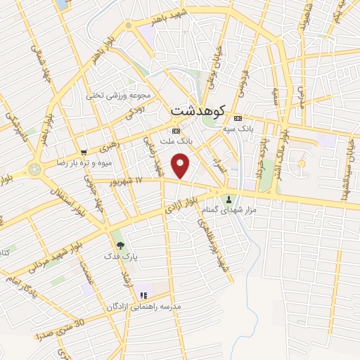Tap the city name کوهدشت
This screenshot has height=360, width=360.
tap(197, 111)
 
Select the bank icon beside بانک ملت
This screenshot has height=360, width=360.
tap(175, 131)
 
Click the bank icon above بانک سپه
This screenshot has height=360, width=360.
tap(238, 118)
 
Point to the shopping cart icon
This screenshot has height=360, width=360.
tap(84, 152)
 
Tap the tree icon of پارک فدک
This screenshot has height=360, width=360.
tap(120, 245)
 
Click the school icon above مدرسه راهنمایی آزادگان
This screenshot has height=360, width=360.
tap(144, 295)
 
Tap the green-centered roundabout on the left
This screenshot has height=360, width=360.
tap(34, 169)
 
